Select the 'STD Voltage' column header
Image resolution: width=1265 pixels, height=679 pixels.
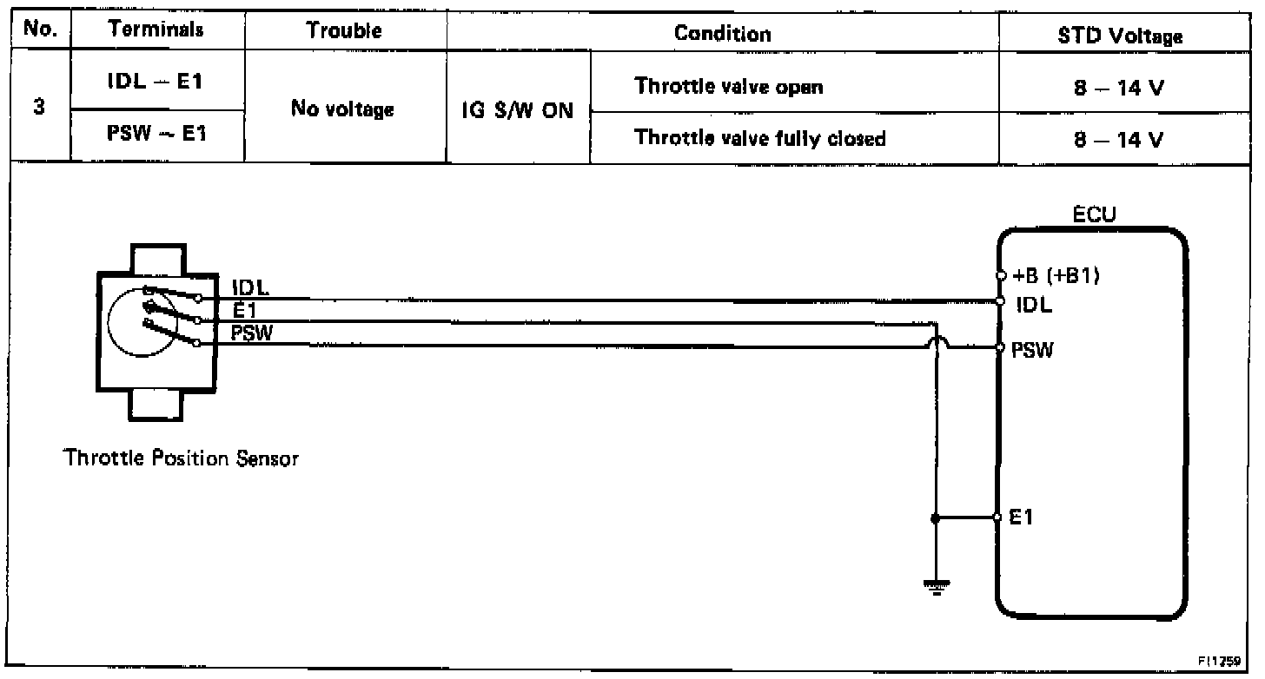click(x=1127, y=36)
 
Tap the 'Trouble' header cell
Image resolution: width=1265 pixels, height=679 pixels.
click(x=345, y=30)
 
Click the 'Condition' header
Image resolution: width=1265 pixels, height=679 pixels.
click(x=722, y=34)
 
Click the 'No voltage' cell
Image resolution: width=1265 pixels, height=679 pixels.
click(x=345, y=110)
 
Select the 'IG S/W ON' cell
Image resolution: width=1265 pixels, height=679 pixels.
click(x=518, y=111)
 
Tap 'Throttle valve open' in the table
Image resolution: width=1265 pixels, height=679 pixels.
click(x=729, y=87)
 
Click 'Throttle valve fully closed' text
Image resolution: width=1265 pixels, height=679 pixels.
click(x=760, y=137)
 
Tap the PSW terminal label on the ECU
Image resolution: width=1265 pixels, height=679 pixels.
click(x=1032, y=351)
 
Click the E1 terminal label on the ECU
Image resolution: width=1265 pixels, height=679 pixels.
click(x=1023, y=517)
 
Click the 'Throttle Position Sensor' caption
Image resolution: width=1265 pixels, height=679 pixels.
click(x=181, y=459)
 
